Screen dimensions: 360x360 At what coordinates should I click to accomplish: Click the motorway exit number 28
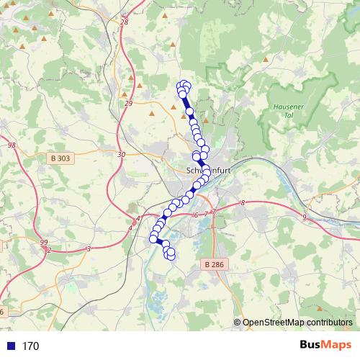click(124, 22)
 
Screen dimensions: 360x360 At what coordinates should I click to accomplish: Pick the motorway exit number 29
click(129, 104)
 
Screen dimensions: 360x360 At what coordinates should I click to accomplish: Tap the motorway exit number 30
click(120, 154)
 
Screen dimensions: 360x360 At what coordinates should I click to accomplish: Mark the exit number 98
click(12, 145)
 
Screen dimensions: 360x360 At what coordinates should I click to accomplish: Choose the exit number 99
click(44, 242)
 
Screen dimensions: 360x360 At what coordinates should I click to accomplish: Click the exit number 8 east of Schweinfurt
click(243, 204)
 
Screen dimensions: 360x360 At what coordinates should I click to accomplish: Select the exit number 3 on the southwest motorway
click(88, 248)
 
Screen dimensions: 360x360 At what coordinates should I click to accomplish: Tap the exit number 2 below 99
click(48, 250)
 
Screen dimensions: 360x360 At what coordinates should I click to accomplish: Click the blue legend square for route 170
click(9, 346)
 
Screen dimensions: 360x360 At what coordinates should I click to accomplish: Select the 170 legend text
click(30, 346)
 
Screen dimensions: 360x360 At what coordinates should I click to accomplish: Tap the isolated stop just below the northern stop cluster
click(190, 112)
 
